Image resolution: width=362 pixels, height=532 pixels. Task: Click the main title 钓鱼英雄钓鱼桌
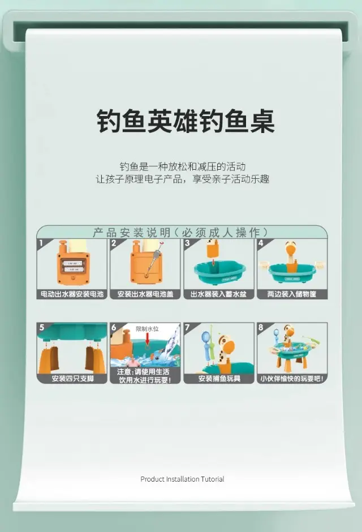pos(186,122)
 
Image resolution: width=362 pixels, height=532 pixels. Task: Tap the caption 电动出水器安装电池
pos(72,294)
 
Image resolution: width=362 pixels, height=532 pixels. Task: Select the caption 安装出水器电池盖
pos(145,294)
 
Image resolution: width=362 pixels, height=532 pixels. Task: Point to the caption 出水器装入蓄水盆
pos(219,294)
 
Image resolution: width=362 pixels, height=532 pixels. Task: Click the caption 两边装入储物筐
pos(292,294)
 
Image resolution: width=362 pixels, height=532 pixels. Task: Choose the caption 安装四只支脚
pos(72,378)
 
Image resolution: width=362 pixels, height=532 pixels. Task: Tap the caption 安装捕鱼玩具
pos(219,378)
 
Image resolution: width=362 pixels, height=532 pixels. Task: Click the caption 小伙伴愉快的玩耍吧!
pos(292,378)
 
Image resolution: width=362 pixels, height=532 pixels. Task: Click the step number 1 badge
pos(41,243)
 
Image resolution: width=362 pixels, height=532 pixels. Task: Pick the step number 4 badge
pos(261,243)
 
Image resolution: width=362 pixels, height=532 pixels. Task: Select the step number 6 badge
pos(114,328)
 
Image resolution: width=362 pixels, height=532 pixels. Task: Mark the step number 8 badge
pos(261,328)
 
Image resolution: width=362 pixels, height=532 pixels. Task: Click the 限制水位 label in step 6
pos(147,329)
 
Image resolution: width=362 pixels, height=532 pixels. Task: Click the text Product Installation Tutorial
pos(182,479)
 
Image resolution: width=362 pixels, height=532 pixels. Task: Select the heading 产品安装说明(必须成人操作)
pos(180,233)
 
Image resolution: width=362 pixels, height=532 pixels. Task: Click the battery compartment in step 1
pos(73,267)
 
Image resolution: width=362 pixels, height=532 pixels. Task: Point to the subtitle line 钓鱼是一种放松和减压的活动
pos(182,166)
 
